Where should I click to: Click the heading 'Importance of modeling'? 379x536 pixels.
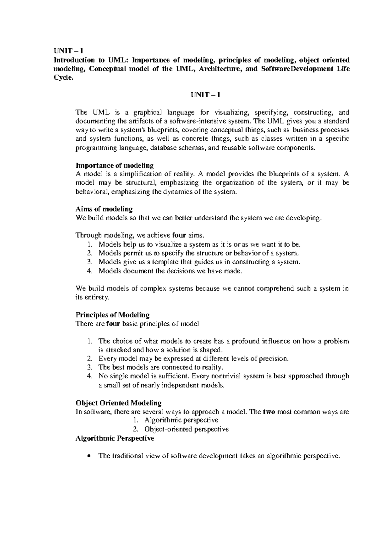tap(115, 165)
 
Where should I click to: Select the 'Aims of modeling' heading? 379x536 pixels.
tap(104, 209)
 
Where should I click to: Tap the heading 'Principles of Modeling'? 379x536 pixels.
tap(112, 315)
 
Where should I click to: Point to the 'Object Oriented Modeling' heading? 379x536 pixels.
tap(118, 403)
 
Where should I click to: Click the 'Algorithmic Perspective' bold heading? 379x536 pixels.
tap(115, 438)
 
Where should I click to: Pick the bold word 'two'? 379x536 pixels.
tap(268, 412)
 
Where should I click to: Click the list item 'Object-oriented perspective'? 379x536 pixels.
tap(186, 429)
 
